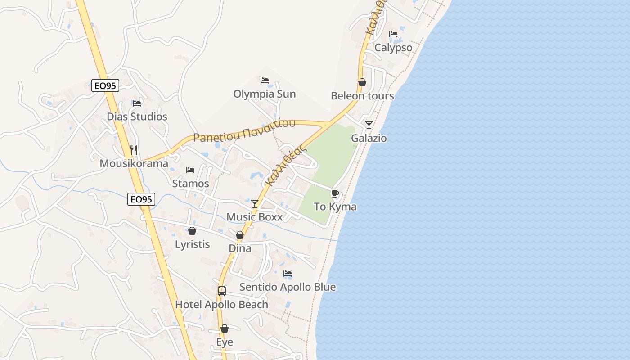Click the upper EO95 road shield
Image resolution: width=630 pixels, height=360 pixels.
[105, 85]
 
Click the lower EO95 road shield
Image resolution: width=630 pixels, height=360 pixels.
[141, 199]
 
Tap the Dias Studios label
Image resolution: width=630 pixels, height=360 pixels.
[137, 117]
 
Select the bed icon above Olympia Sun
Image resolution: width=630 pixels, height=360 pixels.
[265, 81]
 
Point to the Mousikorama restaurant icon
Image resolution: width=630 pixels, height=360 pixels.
[134, 150]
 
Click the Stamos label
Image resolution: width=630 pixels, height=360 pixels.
[190, 184]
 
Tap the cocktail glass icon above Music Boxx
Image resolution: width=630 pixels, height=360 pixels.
[255, 204]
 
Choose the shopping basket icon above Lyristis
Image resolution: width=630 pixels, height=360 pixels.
[192, 231]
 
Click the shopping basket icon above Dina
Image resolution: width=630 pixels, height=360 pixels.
[240, 235]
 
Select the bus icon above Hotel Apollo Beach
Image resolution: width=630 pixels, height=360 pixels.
[221, 291]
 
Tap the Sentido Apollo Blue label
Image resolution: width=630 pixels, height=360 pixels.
[288, 287]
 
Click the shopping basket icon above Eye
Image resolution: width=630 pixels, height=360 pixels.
[225, 329]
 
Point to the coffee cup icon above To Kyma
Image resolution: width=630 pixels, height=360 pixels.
[335, 194]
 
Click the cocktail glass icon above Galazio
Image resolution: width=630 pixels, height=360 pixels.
[369, 125]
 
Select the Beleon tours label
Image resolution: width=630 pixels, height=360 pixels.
[362, 96]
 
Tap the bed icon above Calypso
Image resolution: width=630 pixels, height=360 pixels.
[393, 34]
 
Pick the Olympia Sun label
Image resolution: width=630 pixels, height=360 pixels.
[265, 94]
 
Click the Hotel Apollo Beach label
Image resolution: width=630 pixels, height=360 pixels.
[221, 305]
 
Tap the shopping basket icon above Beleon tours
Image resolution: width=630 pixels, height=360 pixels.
[362, 82]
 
